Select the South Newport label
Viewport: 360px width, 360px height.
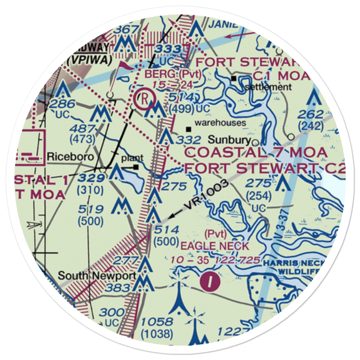(x=97, y=276)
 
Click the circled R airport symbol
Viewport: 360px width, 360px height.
(x=143, y=98)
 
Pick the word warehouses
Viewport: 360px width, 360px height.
(x=221, y=123)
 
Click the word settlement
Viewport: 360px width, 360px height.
(x=268, y=87)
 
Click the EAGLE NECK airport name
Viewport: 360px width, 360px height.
(x=215, y=247)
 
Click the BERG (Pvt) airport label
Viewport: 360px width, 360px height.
(x=172, y=75)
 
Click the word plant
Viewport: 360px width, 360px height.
(x=132, y=158)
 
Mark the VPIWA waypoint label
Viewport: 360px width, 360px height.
(x=89, y=60)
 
